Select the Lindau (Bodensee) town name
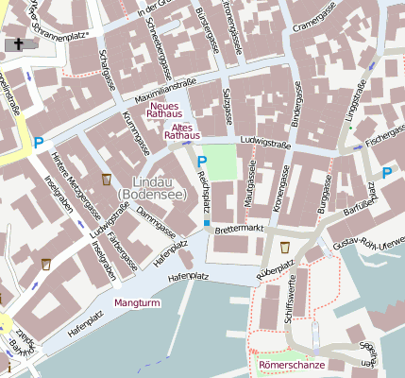(151, 187)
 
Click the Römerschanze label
(292, 364)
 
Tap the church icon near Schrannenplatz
(16, 44)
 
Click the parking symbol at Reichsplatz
(201, 162)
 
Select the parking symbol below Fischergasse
(386, 173)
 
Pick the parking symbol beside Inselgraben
(39, 144)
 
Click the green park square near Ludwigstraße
(218, 161)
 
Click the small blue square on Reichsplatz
(207, 223)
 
